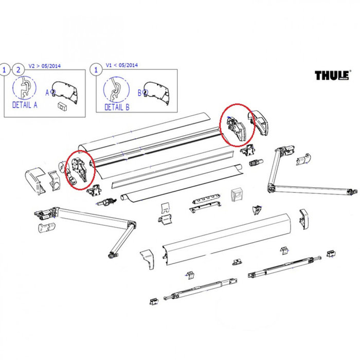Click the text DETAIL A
click(x=25, y=105)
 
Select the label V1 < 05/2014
click(x=122, y=66)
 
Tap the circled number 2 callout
click(x=19, y=69)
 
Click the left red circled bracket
click(x=79, y=169)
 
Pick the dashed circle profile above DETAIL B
click(x=115, y=88)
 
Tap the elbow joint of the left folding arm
click(x=132, y=225)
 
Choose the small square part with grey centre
click(x=237, y=194)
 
